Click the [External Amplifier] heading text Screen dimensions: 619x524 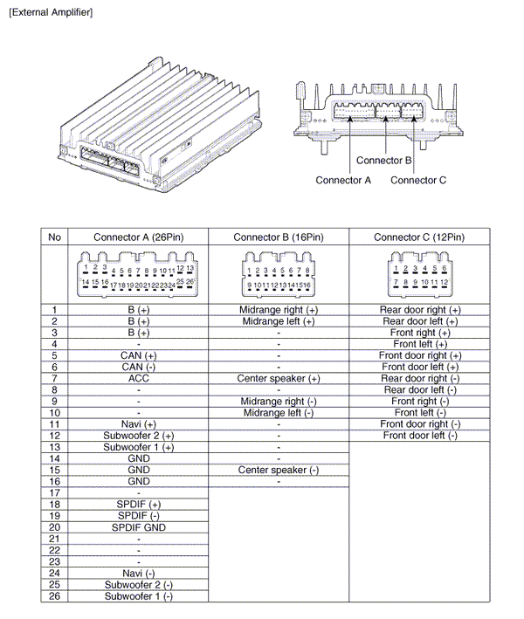[50, 12]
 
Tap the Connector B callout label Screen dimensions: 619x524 [383, 161]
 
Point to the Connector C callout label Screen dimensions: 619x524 [418, 180]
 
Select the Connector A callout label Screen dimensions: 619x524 [343, 180]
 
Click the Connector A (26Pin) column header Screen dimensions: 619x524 [138, 237]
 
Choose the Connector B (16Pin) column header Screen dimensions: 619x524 [279, 237]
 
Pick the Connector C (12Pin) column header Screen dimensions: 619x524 [419, 237]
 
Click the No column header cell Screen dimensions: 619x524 [54, 237]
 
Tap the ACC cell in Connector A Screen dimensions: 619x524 [138, 378]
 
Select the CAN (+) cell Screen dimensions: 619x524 [138, 355]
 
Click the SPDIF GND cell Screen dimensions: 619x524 [138, 527]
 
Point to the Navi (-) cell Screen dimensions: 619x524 [138, 573]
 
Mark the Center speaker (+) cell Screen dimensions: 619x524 [279, 378]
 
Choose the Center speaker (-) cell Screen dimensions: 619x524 [279, 470]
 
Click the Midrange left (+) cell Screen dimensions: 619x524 [279, 321]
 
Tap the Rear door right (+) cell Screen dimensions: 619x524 [419, 310]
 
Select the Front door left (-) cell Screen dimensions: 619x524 [419, 435]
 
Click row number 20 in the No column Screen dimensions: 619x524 [54, 527]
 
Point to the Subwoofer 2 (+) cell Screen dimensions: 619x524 [138, 435]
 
